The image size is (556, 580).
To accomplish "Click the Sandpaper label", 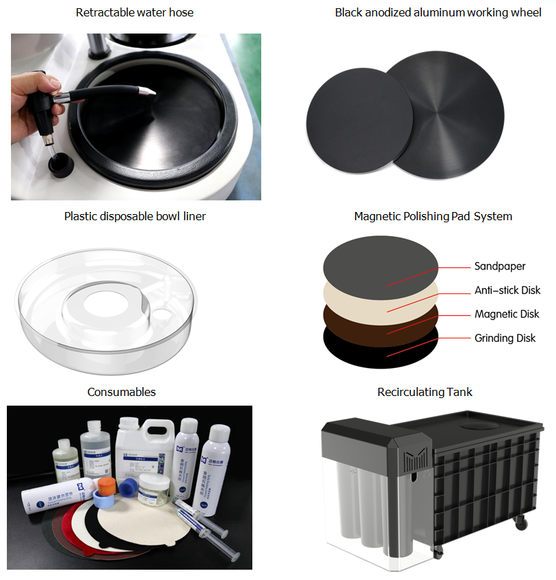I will [x=500, y=266].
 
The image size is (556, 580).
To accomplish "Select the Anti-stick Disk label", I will [x=507, y=290].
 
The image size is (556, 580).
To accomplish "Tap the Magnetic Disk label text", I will [x=507, y=314].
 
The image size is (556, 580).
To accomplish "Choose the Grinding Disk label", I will [x=505, y=338].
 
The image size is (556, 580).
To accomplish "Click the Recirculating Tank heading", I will [x=425, y=392].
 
